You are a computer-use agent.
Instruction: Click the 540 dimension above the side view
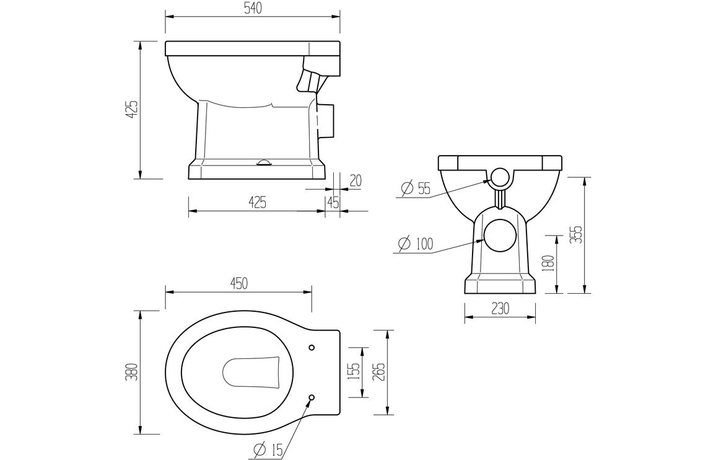(251, 8)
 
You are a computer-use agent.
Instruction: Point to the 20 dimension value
(355, 180)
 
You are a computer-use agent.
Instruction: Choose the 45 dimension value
(333, 202)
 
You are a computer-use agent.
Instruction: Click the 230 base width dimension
(500, 308)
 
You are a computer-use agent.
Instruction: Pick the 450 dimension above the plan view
(238, 283)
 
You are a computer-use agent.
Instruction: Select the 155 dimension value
(354, 372)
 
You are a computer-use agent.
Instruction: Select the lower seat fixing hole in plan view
(312, 397)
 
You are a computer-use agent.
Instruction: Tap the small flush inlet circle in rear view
(500, 179)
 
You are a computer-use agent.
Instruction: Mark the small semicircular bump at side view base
(264, 162)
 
